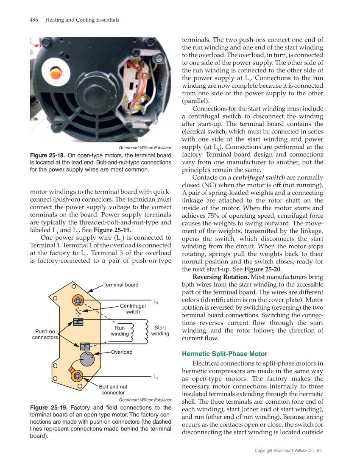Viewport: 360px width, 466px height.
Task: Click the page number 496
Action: tap(34, 20)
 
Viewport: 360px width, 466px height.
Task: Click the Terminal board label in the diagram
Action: tap(121, 285)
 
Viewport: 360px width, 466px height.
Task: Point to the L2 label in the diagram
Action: tap(156, 301)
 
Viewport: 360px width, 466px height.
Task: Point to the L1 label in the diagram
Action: tap(156, 376)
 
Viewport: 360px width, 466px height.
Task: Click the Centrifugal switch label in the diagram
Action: tap(133, 308)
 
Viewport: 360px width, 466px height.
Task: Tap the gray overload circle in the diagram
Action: tap(87, 360)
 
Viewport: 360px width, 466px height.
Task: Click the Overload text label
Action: tap(122, 352)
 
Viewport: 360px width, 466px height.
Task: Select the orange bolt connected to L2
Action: tap(78, 301)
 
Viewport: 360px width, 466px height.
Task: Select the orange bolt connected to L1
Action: tap(77, 375)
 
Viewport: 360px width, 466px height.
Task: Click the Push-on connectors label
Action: tap(45, 334)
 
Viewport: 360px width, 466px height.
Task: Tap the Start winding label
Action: tap(160, 330)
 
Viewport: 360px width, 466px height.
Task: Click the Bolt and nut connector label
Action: tap(113, 390)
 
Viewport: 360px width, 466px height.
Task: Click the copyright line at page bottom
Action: tap(289, 450)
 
